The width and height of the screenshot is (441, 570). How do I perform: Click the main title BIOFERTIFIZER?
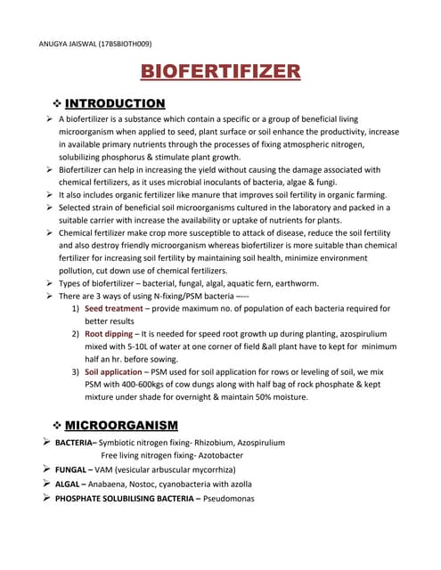220,72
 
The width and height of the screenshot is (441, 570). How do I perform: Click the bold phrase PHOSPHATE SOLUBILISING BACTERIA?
131,499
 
